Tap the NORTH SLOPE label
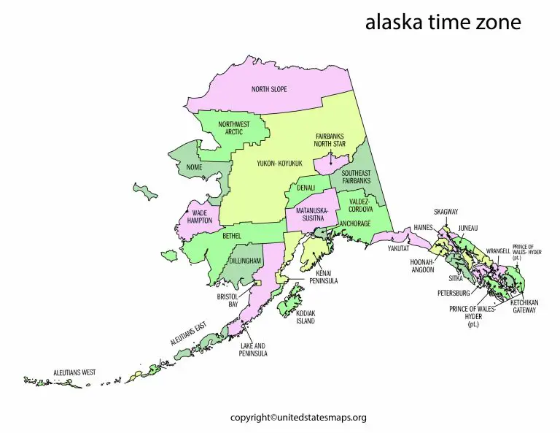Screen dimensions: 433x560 coord(269,89)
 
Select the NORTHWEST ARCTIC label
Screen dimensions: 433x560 coord(234,128)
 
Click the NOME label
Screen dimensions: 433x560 coord(194,167)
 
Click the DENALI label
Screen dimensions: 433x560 coord(305,188)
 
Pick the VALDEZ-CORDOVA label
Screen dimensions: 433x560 coord(361,205)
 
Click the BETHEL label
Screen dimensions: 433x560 coord(231,237)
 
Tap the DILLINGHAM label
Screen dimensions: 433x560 coord(245,261)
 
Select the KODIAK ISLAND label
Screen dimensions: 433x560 coord(306,317)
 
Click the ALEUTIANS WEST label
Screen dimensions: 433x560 coord(74,372)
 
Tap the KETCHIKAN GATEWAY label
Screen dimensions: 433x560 coord(523,306)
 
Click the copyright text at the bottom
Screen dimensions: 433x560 coord(298,418)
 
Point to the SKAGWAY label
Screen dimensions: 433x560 coord(446,212)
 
